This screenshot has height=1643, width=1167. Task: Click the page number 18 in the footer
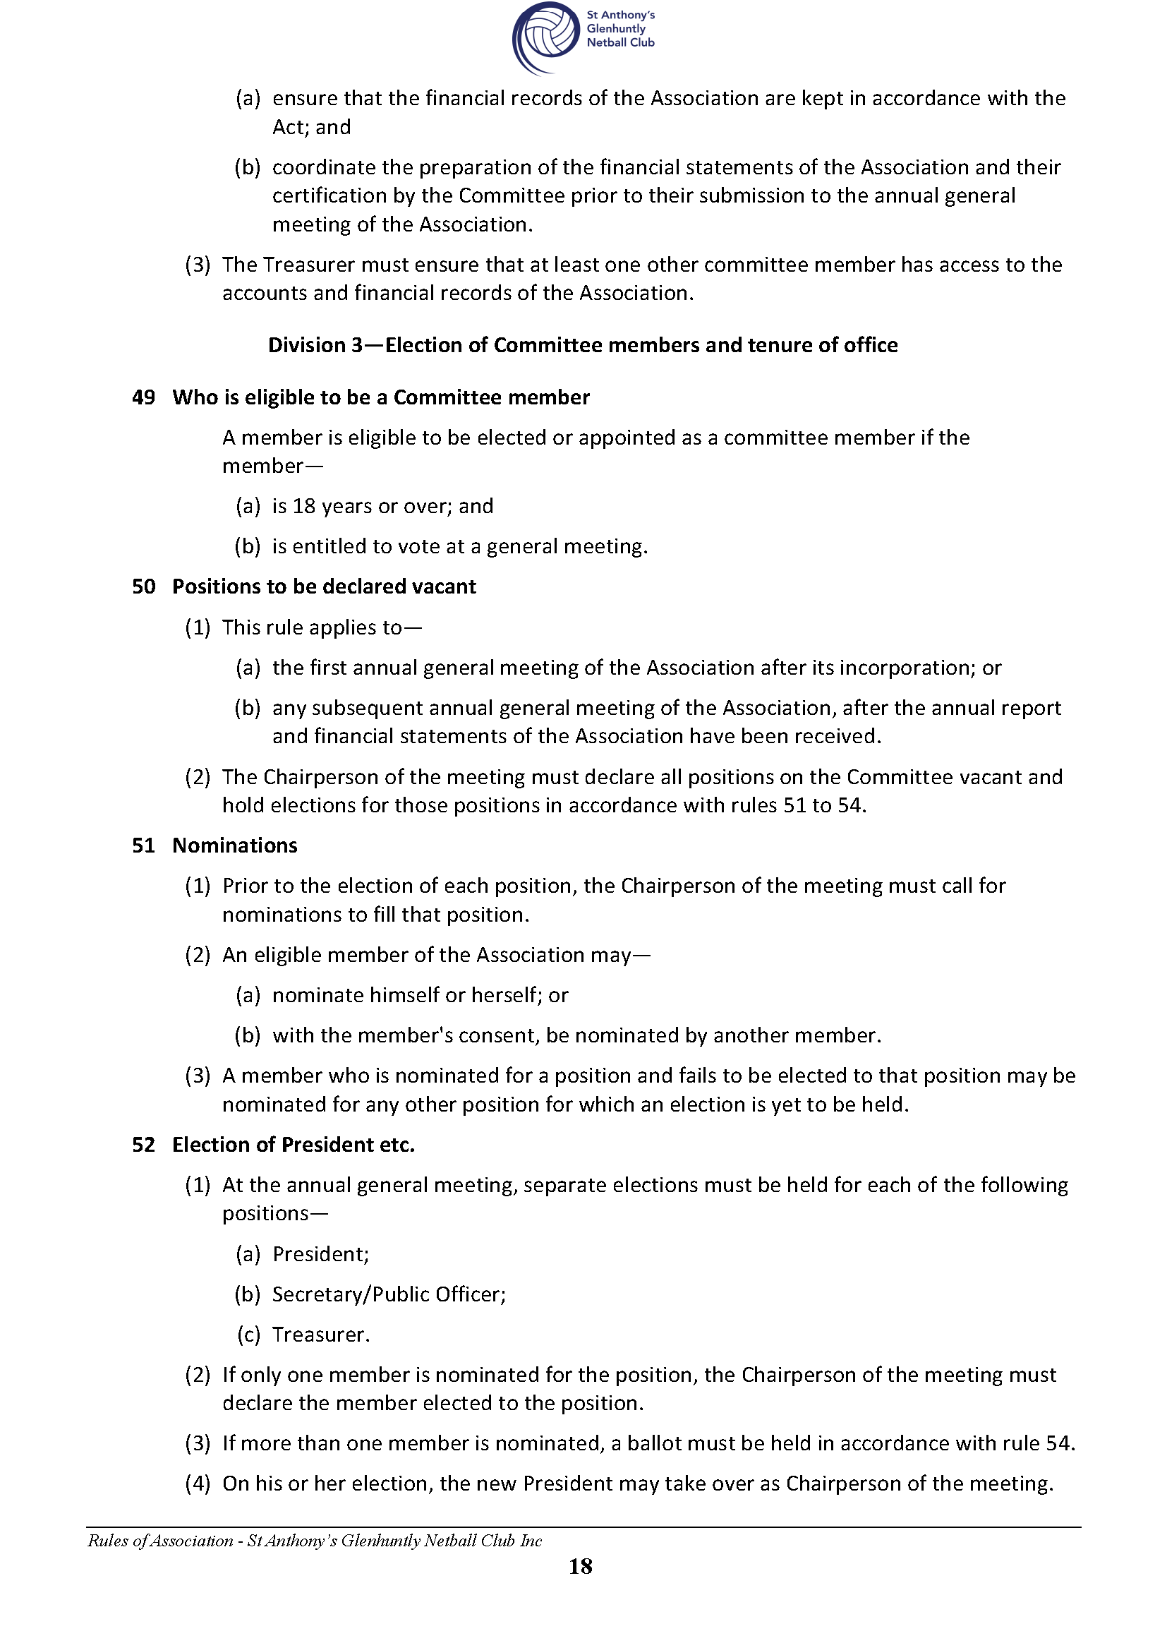(581, 1566)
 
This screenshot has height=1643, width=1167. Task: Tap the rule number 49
(144, 397)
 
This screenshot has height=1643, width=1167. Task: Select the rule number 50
(144, 586)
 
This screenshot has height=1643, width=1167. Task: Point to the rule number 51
(144, 845)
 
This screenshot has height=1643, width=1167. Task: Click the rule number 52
(144, 1144)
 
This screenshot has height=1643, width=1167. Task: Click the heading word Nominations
(235, 845)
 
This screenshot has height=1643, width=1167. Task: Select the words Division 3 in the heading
(315, 345)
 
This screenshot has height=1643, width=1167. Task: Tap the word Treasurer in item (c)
(320, 1335)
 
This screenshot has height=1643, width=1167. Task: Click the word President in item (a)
(320, 1254)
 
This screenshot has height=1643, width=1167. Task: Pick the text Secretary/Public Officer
(389, 1294)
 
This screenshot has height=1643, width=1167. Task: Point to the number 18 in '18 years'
(304, 506)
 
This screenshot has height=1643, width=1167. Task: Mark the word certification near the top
(329, 196)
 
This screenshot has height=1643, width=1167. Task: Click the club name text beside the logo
(620, 29)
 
